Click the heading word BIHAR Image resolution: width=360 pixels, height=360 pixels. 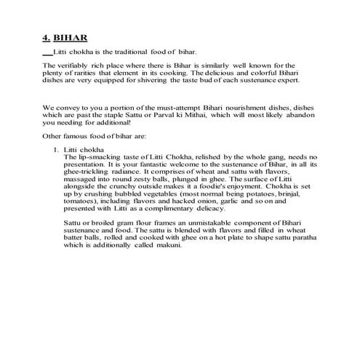pyautogui.click(x=71, y=35)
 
